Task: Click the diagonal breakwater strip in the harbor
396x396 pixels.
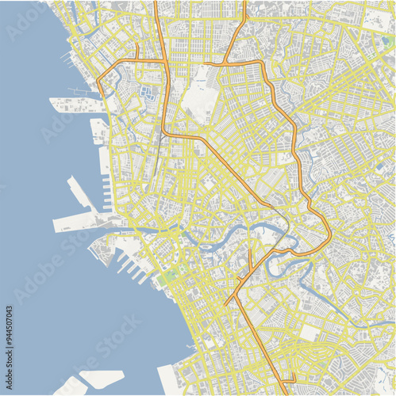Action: [83, 195]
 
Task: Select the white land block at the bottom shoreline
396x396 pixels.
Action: [171, 381]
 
